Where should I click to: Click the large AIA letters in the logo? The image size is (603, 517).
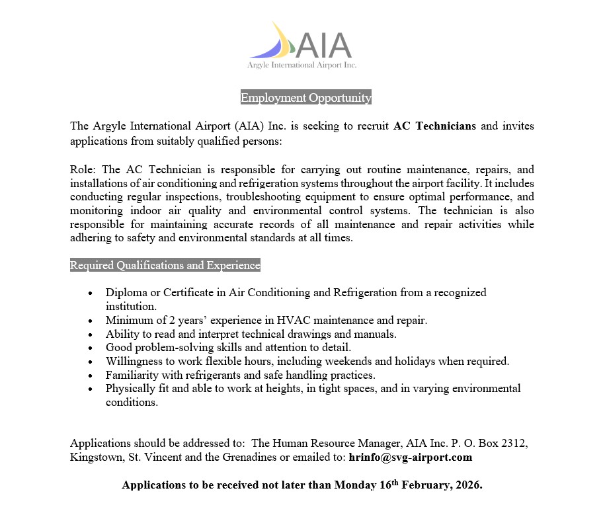click(323, 45)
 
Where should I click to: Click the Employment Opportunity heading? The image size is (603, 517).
click(306, 98)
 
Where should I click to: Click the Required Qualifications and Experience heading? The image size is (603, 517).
click(165, 266)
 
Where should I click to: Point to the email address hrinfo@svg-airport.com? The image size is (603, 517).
click(410, 457)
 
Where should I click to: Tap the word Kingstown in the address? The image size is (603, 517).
click(95, 457)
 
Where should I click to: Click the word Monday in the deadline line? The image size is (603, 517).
click(354, 485)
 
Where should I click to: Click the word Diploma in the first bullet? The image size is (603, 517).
click(126, 292)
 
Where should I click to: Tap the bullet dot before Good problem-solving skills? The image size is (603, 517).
click(91, 348)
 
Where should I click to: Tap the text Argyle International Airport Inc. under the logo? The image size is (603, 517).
click(301, 65)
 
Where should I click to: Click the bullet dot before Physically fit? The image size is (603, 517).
click(91, 389)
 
